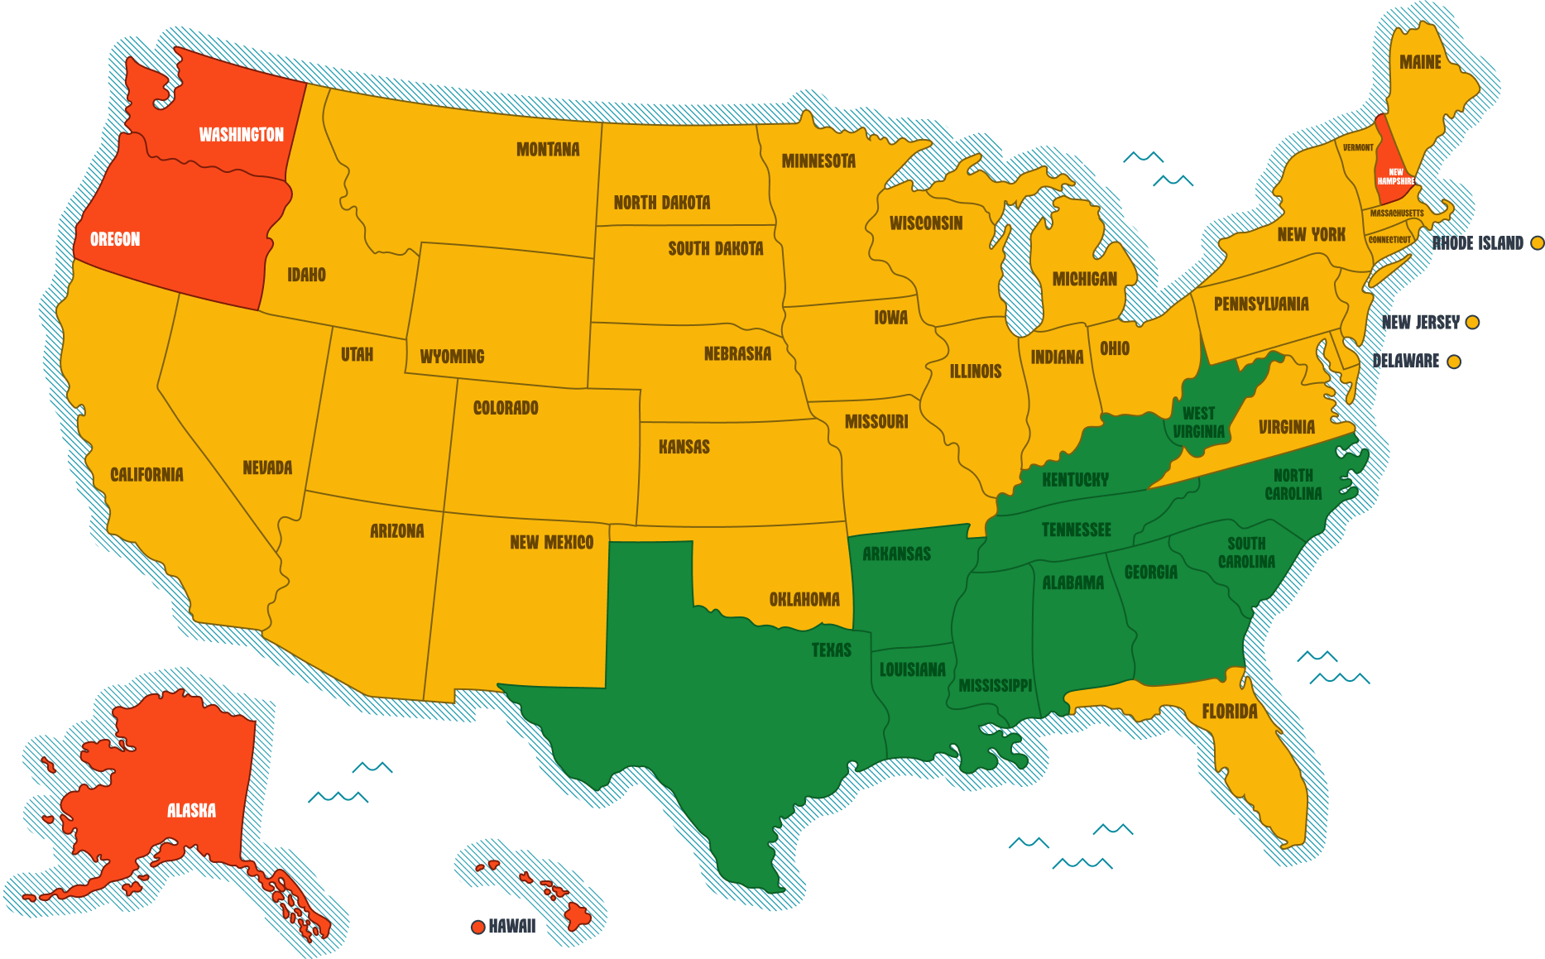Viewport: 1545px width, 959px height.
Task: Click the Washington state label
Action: (x=241, y=135)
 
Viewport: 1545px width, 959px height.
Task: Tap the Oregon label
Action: (x=115, y=240)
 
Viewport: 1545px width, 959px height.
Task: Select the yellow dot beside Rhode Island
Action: (x=1537, y=243)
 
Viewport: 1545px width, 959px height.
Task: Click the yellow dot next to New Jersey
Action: (x=1472, y=323)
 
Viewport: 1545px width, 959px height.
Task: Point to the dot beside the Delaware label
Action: (x=1453, y=362)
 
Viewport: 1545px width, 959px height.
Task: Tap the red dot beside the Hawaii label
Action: (x=477, y=927)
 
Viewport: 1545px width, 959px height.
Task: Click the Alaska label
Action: (x=191, y=811)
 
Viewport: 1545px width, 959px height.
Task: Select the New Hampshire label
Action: (x=1395, y=177)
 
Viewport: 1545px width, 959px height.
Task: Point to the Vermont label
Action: (x=1358, y=148)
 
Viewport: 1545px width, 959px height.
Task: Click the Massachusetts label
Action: (x=1397, y=213)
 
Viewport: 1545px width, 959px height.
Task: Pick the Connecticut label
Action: (x=1389, y=240)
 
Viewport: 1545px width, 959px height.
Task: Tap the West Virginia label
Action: (x=1198, y=422)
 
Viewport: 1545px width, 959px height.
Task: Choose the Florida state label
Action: (x=1229, y=712)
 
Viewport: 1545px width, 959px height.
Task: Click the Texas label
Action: (x=831, y=650)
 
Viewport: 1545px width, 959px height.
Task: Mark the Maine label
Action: (x=1420, y=63)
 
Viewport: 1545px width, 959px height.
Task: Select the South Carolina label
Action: (x=1246, y=553)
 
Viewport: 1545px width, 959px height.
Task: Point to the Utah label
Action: (x=357, y=355)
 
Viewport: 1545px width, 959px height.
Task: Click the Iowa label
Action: (x=890, y=318)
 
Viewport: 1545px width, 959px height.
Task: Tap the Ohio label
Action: (x=1114, y=349)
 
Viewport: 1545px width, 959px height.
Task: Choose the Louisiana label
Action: (x=912, y=670)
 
